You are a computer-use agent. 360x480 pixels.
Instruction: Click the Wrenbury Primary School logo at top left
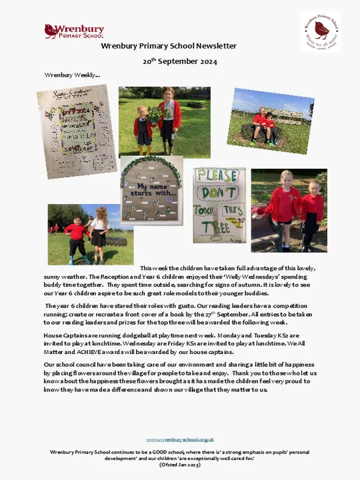coord(73,31)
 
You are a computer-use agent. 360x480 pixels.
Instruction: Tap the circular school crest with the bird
coord(319,31)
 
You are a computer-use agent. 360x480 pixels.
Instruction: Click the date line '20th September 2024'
coord(180,61)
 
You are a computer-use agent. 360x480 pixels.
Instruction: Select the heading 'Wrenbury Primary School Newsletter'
coord(169,46)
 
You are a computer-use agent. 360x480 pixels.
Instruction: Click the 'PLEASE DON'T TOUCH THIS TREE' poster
coord(219,205)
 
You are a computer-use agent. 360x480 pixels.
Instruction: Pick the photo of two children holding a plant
coord(164,121)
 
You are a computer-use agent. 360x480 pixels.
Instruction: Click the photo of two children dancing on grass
coord(89,235)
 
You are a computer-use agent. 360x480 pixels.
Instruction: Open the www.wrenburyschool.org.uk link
coord(180,439)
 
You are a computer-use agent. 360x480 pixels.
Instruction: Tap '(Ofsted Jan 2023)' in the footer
coord(180,464)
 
